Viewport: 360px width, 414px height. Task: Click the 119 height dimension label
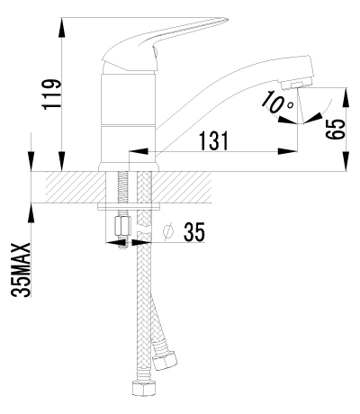[52, 94]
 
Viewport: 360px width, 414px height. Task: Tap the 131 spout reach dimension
[213, 140]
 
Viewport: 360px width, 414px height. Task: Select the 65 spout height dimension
[335, 130]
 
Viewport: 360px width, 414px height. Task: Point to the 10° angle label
[276, 102]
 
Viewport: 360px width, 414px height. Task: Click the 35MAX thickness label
[21, 270]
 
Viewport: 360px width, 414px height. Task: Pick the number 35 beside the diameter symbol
[194, 232]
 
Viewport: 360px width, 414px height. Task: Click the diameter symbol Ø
[168, 232]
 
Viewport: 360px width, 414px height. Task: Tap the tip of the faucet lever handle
[227, 20]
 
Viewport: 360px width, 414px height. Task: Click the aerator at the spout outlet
[296, 85]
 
